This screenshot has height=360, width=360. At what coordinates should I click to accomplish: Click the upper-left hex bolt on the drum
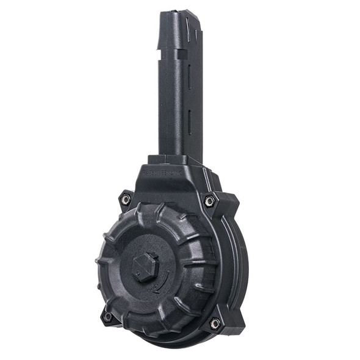coord(126,199)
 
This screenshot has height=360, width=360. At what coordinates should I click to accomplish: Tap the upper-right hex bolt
coord(209,200)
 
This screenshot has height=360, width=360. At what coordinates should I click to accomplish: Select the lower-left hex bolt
coord(107,316)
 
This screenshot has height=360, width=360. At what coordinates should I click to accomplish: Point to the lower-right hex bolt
coord(215,324)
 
